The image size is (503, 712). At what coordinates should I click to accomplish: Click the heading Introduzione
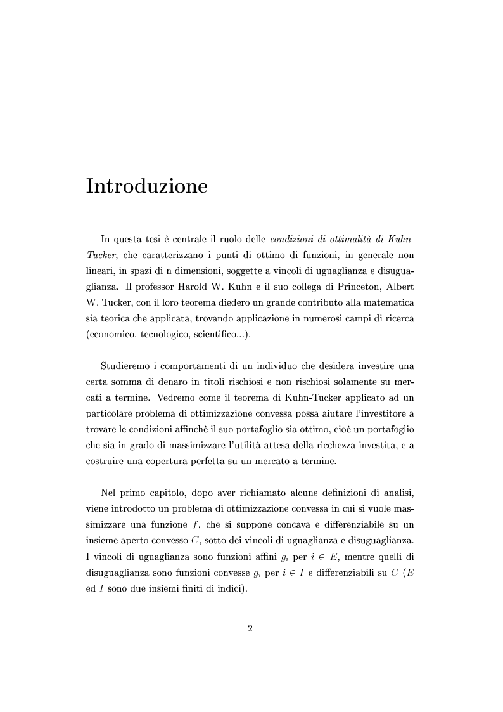[x=147, y=187]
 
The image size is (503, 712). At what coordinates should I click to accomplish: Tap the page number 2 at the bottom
[x=250, y=628]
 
